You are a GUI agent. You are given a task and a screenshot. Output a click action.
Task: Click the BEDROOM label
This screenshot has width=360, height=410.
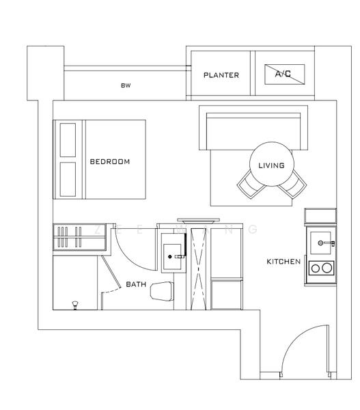tap(109, 162)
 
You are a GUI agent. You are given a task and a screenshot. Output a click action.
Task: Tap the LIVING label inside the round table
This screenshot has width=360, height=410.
tap(271, 165)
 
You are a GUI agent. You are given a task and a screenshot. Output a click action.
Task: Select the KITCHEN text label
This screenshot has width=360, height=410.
tap(283, 262)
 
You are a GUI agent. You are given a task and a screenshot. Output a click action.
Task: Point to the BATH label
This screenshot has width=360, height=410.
tap(136, 284)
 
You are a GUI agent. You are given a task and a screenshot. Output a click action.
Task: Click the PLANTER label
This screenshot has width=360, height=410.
tap(221, 75)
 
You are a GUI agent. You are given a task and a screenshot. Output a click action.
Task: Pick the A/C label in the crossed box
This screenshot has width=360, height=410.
tap(283, 73)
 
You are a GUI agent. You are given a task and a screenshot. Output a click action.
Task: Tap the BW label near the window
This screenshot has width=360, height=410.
tap(125, 86)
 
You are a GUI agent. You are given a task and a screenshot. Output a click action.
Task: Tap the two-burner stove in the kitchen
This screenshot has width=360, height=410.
tap(321, 267)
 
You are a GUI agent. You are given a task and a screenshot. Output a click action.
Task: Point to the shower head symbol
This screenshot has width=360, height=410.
tap(74, 303)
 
